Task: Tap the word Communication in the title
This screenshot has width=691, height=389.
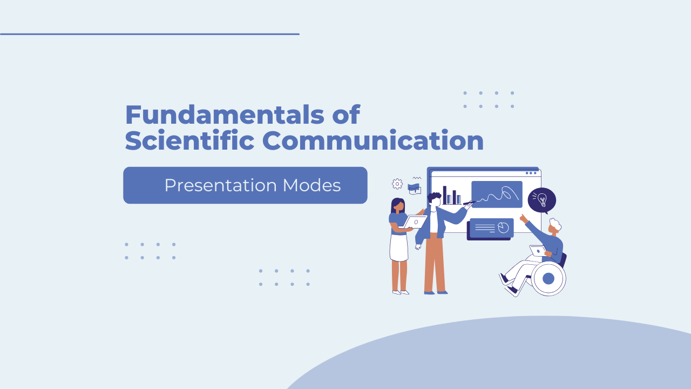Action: click(x=373, y=140)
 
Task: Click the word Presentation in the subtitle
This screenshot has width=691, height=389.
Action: click(x=220, y=185)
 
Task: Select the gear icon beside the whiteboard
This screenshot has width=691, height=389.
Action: click(x=397, y=184)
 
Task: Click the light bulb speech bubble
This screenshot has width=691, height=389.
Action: click(x=541, y=200)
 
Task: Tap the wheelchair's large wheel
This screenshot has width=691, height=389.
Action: click(x=548, y=279)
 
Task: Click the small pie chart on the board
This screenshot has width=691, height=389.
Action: click(x=503, y=227)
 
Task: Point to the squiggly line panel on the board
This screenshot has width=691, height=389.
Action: click(x=497, y=194)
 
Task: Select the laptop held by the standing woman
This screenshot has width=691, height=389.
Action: click(x=415, y=222)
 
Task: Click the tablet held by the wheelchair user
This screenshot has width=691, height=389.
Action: click(x=538, y=251)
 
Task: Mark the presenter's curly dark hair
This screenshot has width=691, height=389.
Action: click(x=434, y=198)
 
